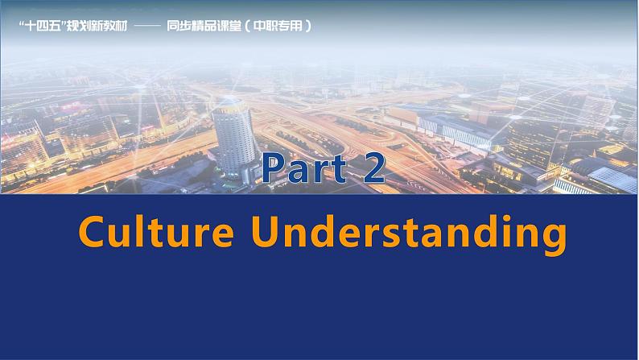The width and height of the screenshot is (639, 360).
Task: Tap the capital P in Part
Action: tap(274, 169)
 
